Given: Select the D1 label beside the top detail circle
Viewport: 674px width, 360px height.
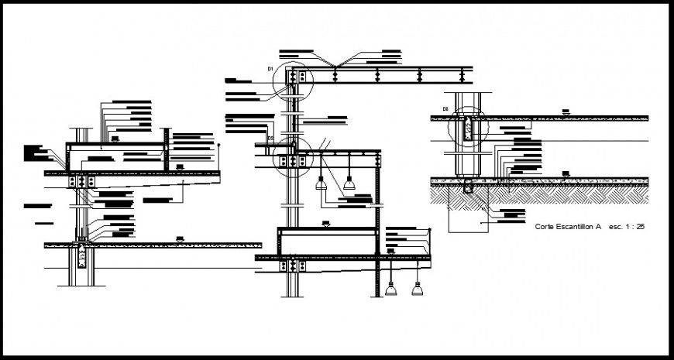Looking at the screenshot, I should click(272, 70).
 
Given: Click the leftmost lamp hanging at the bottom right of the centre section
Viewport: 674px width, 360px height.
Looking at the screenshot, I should click(391, 290).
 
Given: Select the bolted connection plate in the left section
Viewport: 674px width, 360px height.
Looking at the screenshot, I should click(81, 180).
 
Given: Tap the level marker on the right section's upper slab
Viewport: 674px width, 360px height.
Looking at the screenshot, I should click(566, 113).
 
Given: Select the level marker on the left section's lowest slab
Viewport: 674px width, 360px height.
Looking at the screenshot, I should click(180, 238).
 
